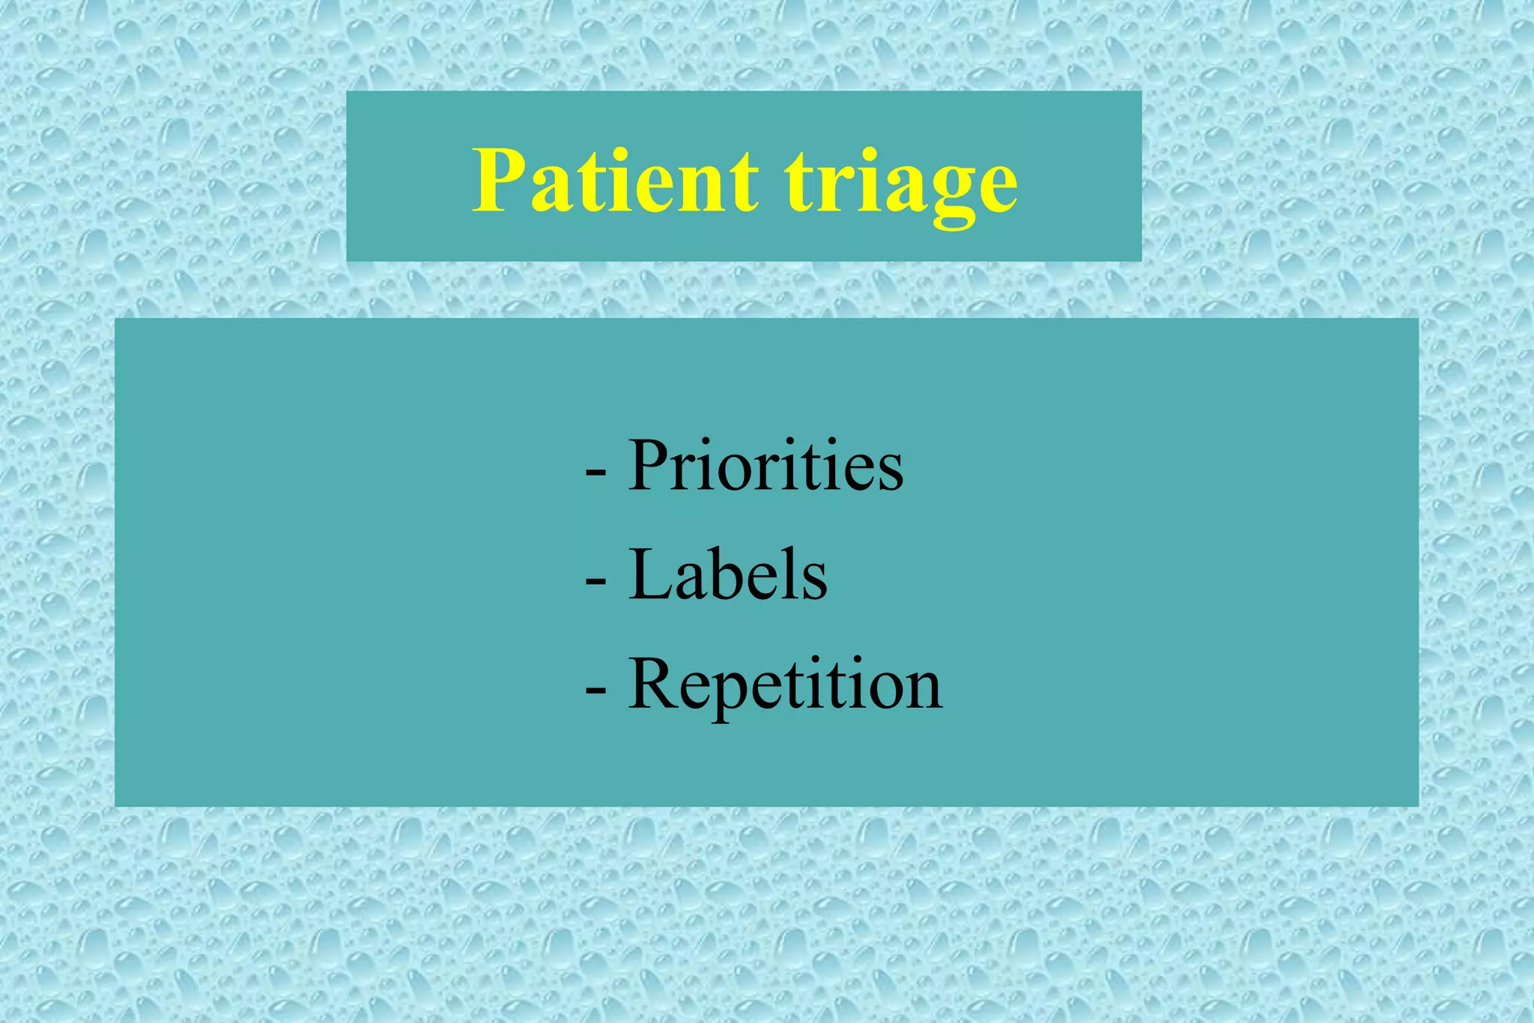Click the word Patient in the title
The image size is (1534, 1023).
(614, 181)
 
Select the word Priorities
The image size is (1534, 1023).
(766, 466)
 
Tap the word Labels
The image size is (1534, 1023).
(728, 575)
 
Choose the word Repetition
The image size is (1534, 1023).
(785, 684)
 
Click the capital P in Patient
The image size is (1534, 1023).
(500, 180)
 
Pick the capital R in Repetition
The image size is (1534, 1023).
(655, 683)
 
